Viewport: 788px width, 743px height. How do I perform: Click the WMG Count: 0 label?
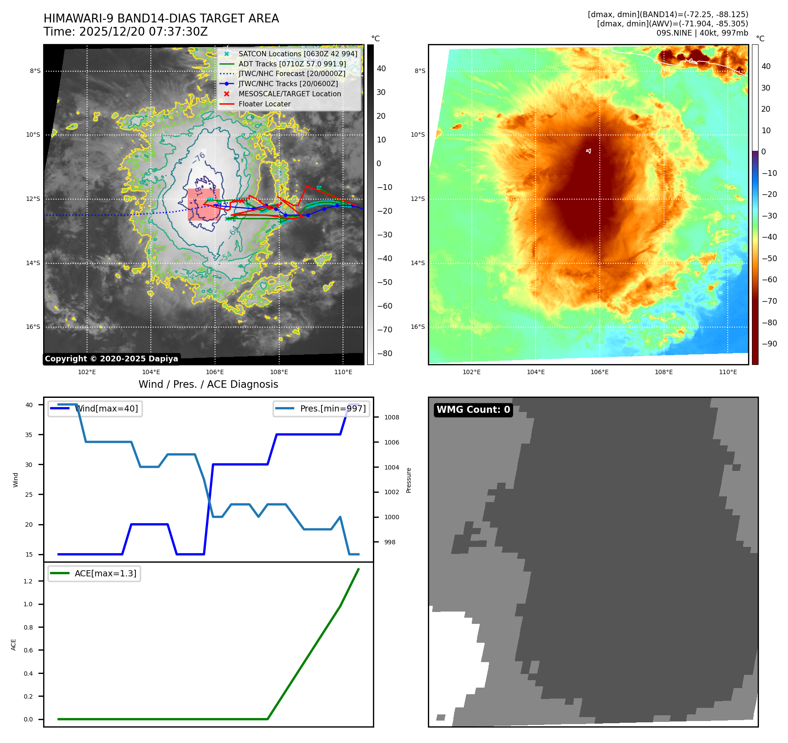[x=473, y=410]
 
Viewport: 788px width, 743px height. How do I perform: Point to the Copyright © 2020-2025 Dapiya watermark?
[x=111, y=359]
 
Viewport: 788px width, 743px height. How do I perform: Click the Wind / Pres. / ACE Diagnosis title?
[x=208, y=384]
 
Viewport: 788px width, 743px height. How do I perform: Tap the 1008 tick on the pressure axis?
[x=391, y=417]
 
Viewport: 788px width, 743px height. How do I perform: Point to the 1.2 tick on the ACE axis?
[x=28, y=581]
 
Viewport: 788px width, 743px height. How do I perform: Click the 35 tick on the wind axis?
[x=29, y=435]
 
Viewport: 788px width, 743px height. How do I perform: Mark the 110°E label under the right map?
[x=728, y=372]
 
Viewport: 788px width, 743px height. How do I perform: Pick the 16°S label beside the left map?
[x=33, y=327]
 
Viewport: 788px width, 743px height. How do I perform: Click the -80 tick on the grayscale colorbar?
[x=384, y=353]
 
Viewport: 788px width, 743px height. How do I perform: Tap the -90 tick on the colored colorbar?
[x=769, y=344]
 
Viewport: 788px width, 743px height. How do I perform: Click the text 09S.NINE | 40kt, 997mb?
[x=702, y=33]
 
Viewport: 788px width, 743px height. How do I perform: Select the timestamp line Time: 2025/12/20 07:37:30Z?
[x=125, y=32]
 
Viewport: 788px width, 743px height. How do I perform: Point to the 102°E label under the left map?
[x=87, y=372]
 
